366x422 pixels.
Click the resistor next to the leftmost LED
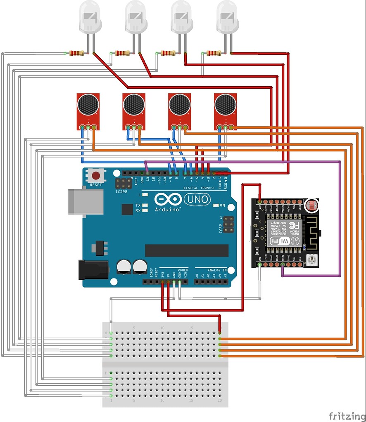(x=76, y=53)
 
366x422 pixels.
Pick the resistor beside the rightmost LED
(x=213, y=53)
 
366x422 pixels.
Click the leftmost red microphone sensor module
(x=88, y=110)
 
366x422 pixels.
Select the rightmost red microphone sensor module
(x=225, y=110)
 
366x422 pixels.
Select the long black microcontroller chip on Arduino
(x=186, y=250)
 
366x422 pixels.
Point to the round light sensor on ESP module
(x=310, y=205)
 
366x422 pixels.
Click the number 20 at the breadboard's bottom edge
(x=219, y=401)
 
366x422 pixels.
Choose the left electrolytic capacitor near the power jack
(x=124, y=266)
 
